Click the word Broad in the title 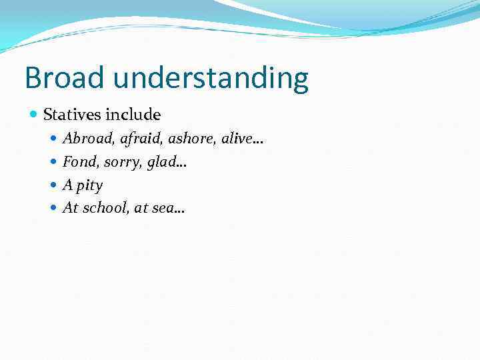(65, 78)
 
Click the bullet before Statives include (34, 115)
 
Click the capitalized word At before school (70, 208)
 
